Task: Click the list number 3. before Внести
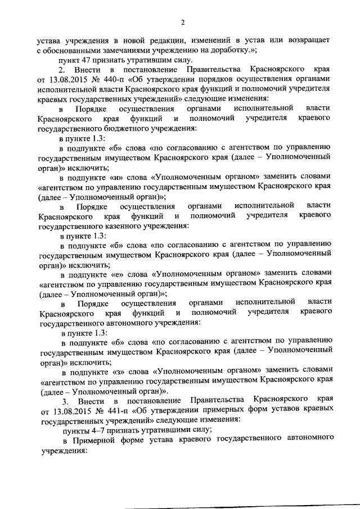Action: [66, 400]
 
